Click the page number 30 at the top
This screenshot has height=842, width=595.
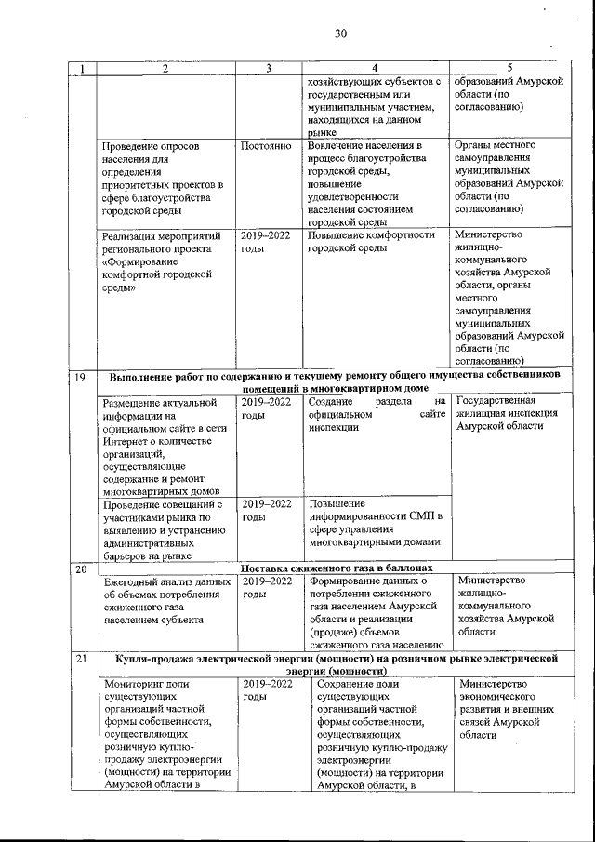(340, 34)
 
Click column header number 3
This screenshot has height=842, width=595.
(268, 68)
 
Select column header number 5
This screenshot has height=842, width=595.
(509, 68)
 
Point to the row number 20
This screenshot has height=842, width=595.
(81, 568)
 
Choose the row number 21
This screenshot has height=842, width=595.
(81, 659)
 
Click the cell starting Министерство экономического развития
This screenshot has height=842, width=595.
(510, 710)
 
